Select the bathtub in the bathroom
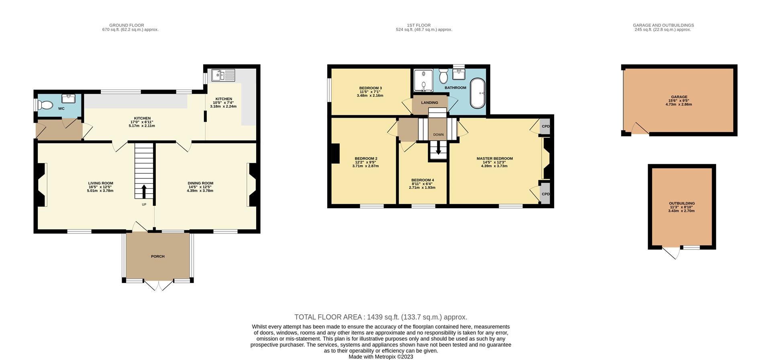tap(477, 93)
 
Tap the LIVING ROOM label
tap(101, 183)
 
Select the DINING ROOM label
tap(200, 183)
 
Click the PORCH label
tap(157, 256)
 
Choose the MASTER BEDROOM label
tap(494, 159)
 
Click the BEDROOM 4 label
tap(422, 180)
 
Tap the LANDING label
tap(429, 103)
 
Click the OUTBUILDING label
tap(681, 203)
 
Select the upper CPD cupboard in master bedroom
tap(545, 126)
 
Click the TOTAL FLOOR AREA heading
tap(381, 317)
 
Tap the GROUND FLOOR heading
tap(126, 25)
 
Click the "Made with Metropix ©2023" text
tap(380, 357)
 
